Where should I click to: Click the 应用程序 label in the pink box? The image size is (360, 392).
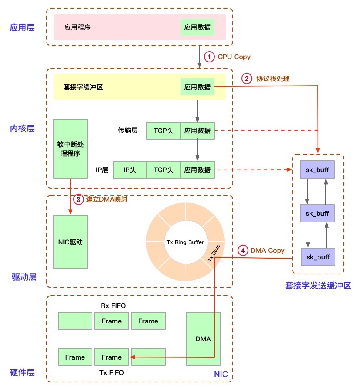pos(77,27)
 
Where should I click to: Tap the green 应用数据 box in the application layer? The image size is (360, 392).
pos(198,27)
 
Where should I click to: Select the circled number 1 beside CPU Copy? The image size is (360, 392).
pos(209,57)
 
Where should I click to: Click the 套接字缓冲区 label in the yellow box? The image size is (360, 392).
pos(83,87)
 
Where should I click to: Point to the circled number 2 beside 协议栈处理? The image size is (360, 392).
pos(247,78)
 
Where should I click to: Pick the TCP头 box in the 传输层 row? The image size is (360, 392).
pos(164,131)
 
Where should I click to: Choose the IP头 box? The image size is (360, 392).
pos(130,170)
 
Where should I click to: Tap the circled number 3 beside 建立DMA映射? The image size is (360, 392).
pos(78,199)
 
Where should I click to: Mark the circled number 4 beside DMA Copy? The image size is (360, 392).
pos(243,251)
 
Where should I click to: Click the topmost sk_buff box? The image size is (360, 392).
pos(318,170)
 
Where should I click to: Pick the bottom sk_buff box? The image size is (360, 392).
pos(318,257)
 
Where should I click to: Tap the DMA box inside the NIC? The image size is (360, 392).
pos(203,339)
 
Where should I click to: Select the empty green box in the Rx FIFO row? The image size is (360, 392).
pos(75,321)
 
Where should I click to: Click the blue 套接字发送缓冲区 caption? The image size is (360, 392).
pos(318,286)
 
